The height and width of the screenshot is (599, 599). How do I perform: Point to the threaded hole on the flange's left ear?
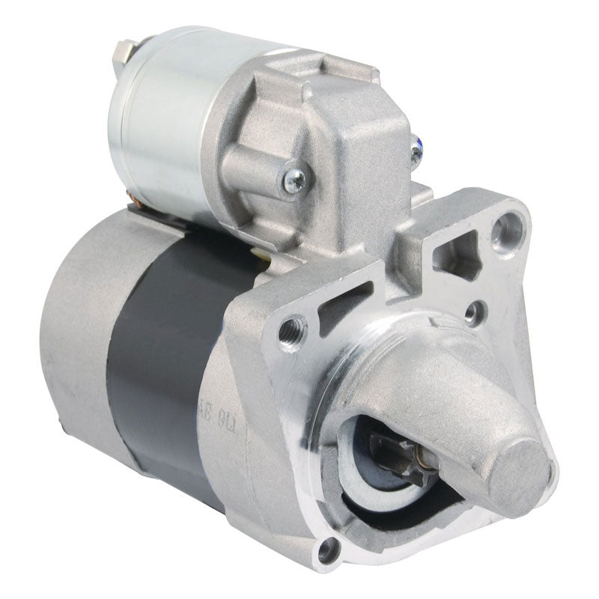[x=292, y=326]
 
